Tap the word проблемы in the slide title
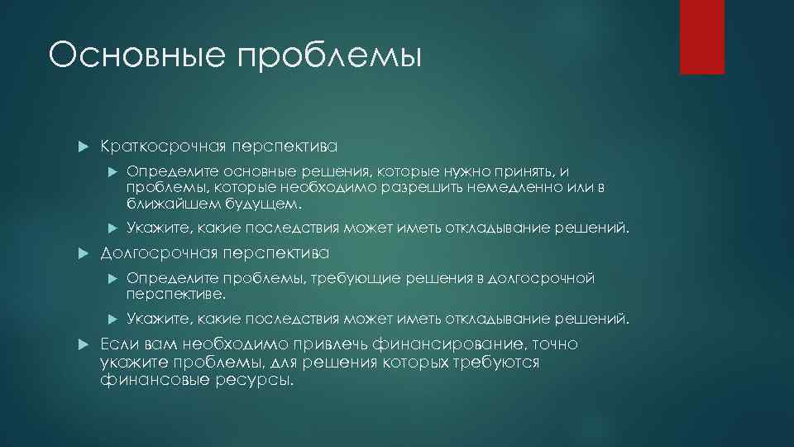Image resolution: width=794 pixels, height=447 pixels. tap(329, 57)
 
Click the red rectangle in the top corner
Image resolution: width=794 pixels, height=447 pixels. tap(702, 36)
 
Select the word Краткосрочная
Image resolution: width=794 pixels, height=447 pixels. tap(163, 147)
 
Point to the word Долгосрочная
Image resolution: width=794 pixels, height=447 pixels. tap(159, 252)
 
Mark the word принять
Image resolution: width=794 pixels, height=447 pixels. tap(529, 172)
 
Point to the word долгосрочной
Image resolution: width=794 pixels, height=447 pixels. tap(542, 278)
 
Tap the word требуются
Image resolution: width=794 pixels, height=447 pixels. tap(496, 363)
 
